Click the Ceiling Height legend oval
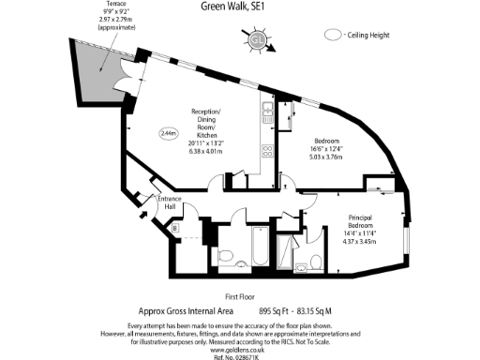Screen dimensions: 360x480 click(332, 35)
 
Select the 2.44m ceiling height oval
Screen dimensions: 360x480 click(169, 133)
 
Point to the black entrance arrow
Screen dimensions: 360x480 click(142, 215)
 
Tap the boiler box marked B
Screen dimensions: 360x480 click(174, 227)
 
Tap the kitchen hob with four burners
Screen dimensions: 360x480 click(265, 151)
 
